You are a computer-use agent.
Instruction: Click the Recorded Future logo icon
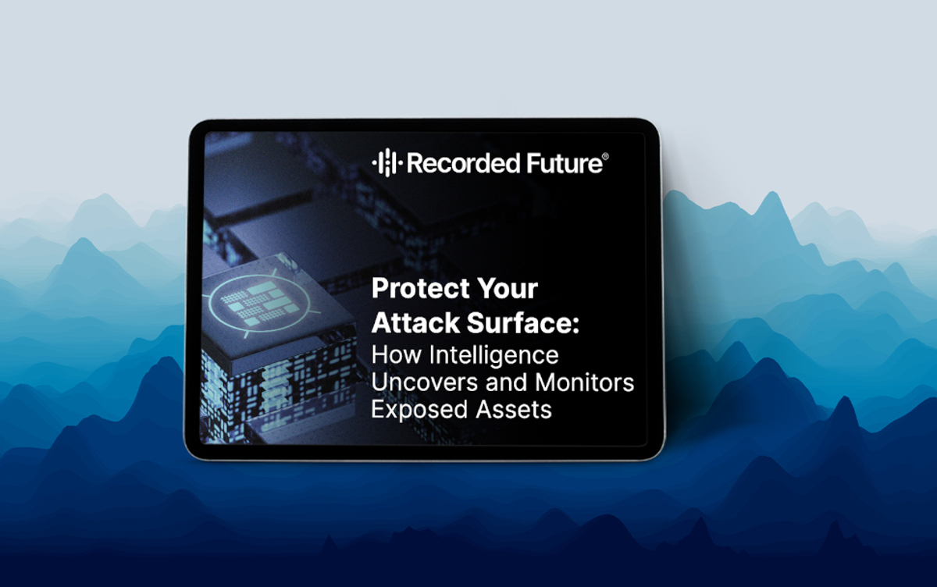pos(387,162)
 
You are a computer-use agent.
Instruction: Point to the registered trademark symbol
pos(605,157)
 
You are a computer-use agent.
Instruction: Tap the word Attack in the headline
pos(415,322)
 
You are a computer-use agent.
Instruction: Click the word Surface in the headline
pos(518,322)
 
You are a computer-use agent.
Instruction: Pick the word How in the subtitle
pos(397,355)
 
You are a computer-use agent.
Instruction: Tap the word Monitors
pos(584,382)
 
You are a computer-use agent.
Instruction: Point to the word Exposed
pos(419,410)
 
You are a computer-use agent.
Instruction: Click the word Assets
pos(514,409)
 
